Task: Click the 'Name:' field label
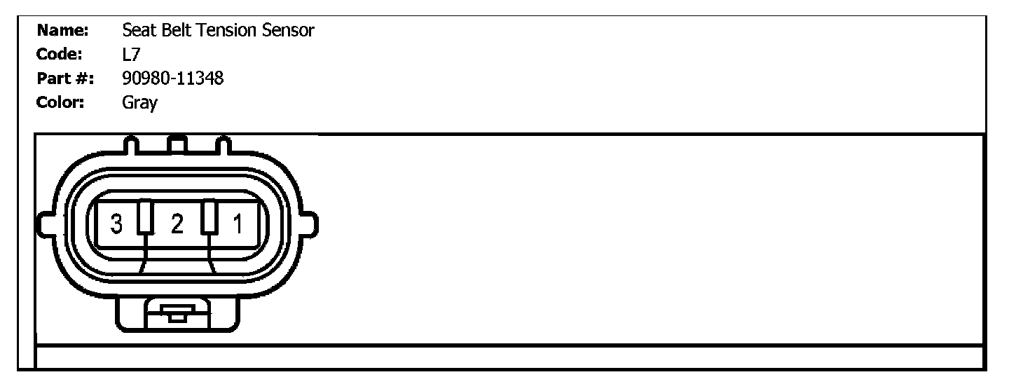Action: (x=62, y=30)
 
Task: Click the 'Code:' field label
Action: (x=60, y=54)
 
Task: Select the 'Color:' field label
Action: (x=61, y=102)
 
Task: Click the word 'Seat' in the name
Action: (x=137, y=30)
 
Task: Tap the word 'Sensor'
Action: (x=289, y=30)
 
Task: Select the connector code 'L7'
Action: (x=131, y=54)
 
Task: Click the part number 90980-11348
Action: (x=172, y=78)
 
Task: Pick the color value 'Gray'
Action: (x=139, y=103)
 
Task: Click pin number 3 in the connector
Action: (x=117, y=225)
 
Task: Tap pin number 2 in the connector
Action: (x=177, y=225)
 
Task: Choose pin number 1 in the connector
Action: (x=238, y=225)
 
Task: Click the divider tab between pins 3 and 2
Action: (x=145, y=217)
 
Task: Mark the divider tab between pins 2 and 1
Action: (x=209, y=217)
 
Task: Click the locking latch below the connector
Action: (x=177, y=313)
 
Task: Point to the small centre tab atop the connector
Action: (x=177, y=145)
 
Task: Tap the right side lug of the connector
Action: (x=310, y=225)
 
